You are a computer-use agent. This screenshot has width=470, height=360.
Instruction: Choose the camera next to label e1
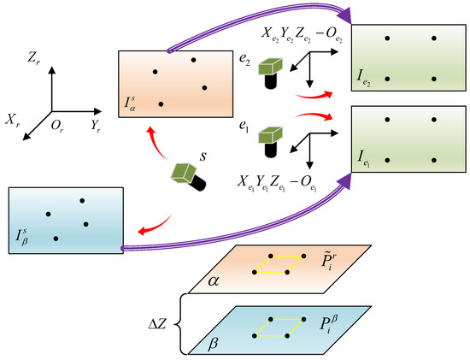point(271,139)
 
